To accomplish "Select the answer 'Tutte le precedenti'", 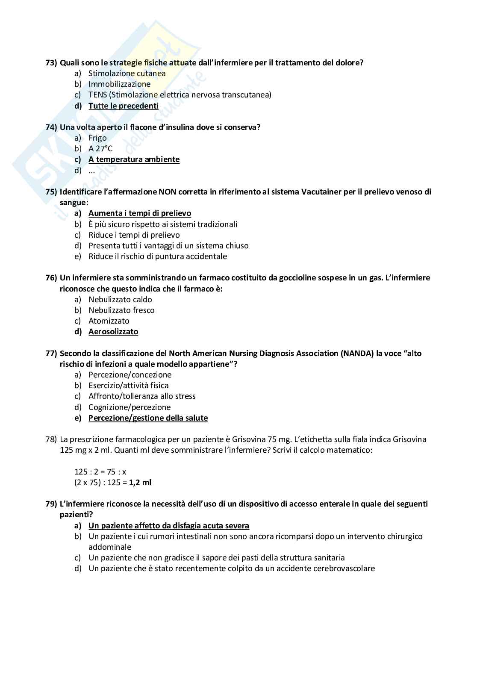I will coord(123,106).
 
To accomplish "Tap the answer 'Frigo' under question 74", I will coord(97,138).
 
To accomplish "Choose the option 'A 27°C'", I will coord(100,149).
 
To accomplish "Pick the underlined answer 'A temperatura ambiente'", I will coord(134,159).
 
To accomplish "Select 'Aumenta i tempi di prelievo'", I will coord(139,213).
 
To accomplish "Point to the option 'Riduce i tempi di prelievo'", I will coord(134,235).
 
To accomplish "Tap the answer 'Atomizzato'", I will coord(109,321).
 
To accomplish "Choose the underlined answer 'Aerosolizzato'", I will coord(113,332).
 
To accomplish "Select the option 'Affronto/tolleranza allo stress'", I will coord(142,396).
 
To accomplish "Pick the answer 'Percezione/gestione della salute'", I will coord(148,418).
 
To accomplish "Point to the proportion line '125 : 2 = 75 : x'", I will coord(100,472).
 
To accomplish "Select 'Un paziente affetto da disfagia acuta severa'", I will coord(168,526).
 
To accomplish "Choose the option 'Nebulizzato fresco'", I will coord(121,310).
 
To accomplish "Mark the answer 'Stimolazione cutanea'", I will coord(127,74).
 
